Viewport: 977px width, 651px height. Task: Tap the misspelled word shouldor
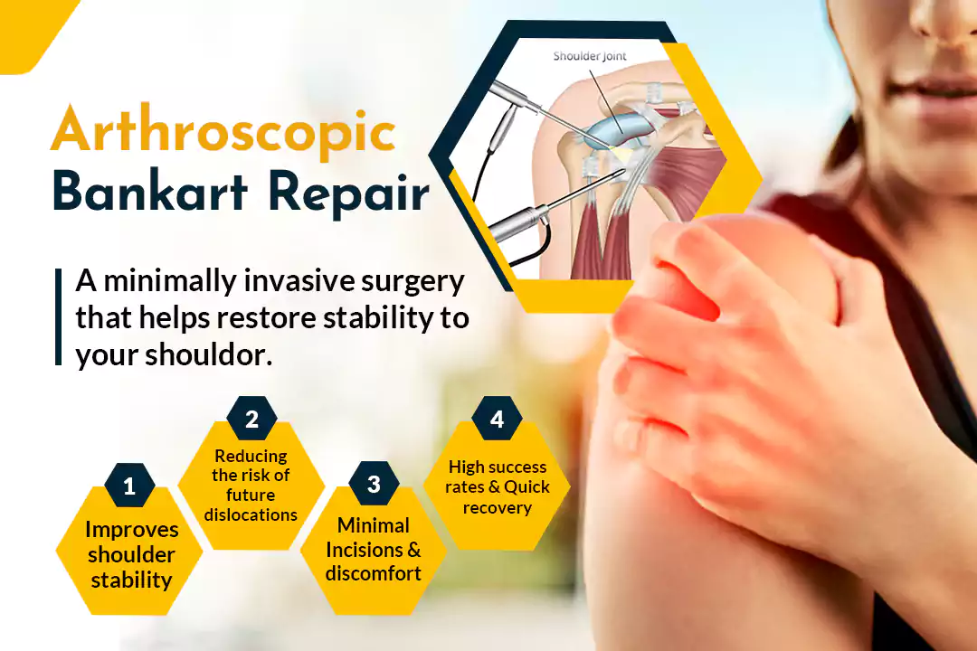[209, 355]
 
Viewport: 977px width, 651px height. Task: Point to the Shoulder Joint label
[590, 56]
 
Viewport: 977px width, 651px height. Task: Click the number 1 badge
[129, 486]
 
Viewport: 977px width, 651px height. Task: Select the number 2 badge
[251, 419]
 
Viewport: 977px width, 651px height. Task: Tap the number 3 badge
[374, 484]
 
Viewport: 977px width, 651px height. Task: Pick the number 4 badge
[497, 419]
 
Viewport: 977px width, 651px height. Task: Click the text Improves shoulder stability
[131, 554]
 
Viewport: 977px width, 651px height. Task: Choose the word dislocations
[251, 515]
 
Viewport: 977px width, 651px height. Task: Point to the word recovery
[498, 508]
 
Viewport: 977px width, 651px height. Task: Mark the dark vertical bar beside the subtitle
[59, 316]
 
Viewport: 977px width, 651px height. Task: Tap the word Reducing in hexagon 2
[251, 457]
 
